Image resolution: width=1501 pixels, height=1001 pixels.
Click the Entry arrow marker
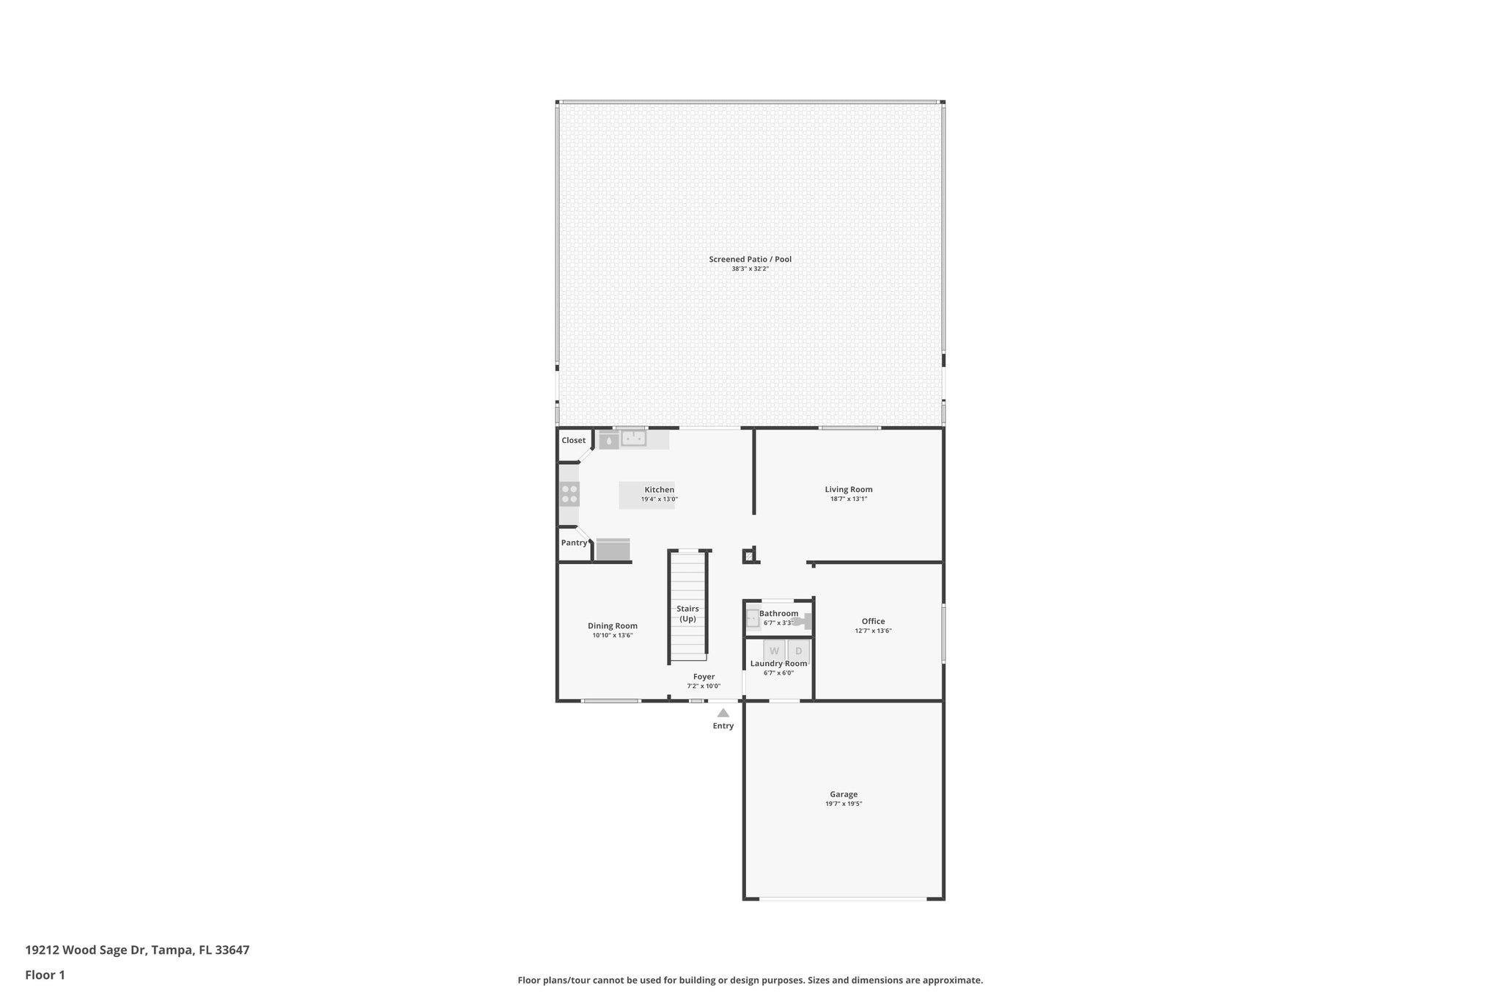pyautogui.click(x=723, y=713)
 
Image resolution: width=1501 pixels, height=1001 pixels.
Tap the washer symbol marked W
pyautogui.click(x=774, y=650)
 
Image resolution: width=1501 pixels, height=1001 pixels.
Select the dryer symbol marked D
pyautogui.click(x=799, y=650)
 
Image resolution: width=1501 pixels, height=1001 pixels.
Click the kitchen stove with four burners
pyautogui.click(x=569, y=494)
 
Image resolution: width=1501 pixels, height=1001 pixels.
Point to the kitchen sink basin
pyautogui.click(x=633, y=439)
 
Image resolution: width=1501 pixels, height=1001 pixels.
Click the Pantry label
pyautogui.click(x=574, y=543)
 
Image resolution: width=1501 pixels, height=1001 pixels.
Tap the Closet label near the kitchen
pyautogui.click(x=573, y=440)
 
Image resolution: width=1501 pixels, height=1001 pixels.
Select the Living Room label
pyautogui.click(x=848, y=489)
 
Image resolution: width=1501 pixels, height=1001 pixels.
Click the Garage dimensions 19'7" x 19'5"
pyautogui.click(x=844, y=804)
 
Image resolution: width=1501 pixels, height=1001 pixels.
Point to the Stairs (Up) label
pyautogui.click(x=687, y=613)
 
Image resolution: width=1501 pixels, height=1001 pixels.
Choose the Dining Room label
pyautogui.click(x=612, y=626)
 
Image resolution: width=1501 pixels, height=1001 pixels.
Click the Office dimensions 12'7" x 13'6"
pyautogui.click(x=873, y=631)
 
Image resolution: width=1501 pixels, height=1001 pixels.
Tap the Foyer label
pyautogui.click(x=704, y=677)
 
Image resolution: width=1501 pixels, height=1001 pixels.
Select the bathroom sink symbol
pyautogui.click(x=752, y=619)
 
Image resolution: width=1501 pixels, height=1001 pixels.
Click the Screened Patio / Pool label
pyautogui.click(x=750, y=259)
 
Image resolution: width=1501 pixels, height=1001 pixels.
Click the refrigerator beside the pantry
pyautogui.click(x=613, y=549)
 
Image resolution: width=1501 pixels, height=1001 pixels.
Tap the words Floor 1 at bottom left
pyautogui.click(x=45, y=975)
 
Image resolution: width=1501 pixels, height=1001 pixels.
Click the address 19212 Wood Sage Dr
pyautogui.click(x=86, y=950)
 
